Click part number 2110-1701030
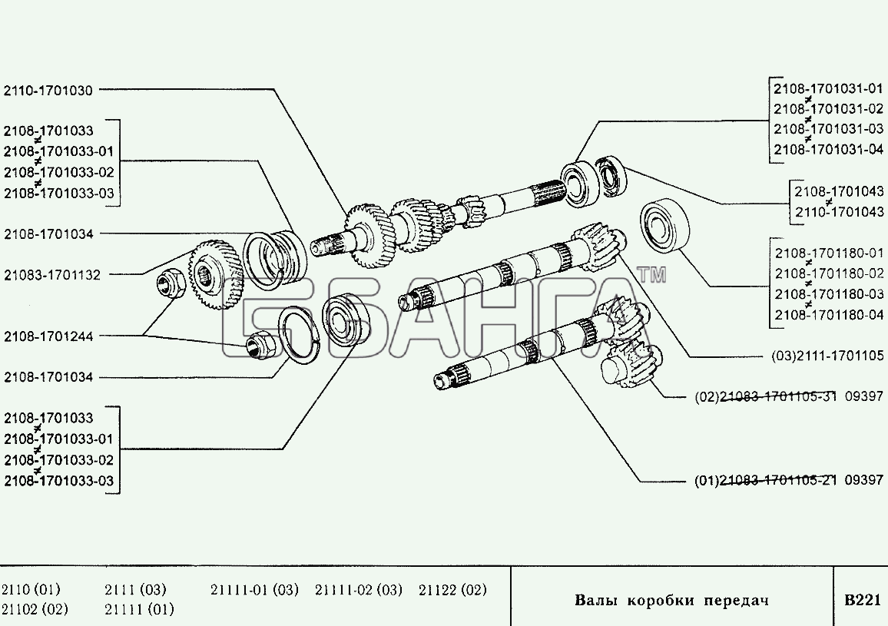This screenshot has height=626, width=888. coord(48,90)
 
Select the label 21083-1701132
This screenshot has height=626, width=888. coord(52,275)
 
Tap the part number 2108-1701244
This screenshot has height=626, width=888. coord(48,336)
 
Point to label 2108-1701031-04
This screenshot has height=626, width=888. coord(829,150)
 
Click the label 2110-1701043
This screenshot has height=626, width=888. coord(840,212)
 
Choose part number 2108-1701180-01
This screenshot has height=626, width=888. coord(829,253)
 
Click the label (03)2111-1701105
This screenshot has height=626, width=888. coord(827,356)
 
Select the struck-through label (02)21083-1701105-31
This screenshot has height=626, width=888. coord(766,396)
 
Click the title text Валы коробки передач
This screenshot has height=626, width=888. coord(671,600)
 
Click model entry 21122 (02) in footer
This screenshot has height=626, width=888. coord(452,590)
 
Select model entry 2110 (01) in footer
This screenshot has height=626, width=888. coord(31,590)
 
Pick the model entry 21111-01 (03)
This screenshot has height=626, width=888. coord(254,590)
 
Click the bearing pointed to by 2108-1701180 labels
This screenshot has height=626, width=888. coord(665,225)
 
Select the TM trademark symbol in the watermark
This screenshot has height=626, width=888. coord(651,275)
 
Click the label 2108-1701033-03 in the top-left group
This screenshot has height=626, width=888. coord(59,194)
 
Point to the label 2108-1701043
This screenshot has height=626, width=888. coord(839,191)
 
